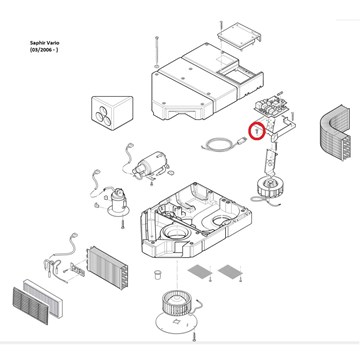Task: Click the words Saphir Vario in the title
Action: click(44, 43)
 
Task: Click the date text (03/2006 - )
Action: click(44, 50)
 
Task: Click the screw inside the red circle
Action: click(257, 131)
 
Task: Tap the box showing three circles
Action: click(112, 113)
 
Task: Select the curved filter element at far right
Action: click(335, 133)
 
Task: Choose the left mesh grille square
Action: click(200, 271)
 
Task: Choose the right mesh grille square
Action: click(230, 271)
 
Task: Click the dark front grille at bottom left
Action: click(31, 306)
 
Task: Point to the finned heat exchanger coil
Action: click(107, 268)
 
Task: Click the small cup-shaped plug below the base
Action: click(157, 275)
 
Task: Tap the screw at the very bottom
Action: click(194, 337)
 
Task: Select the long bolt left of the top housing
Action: click(156, 52)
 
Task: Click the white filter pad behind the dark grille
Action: click(43, 299)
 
